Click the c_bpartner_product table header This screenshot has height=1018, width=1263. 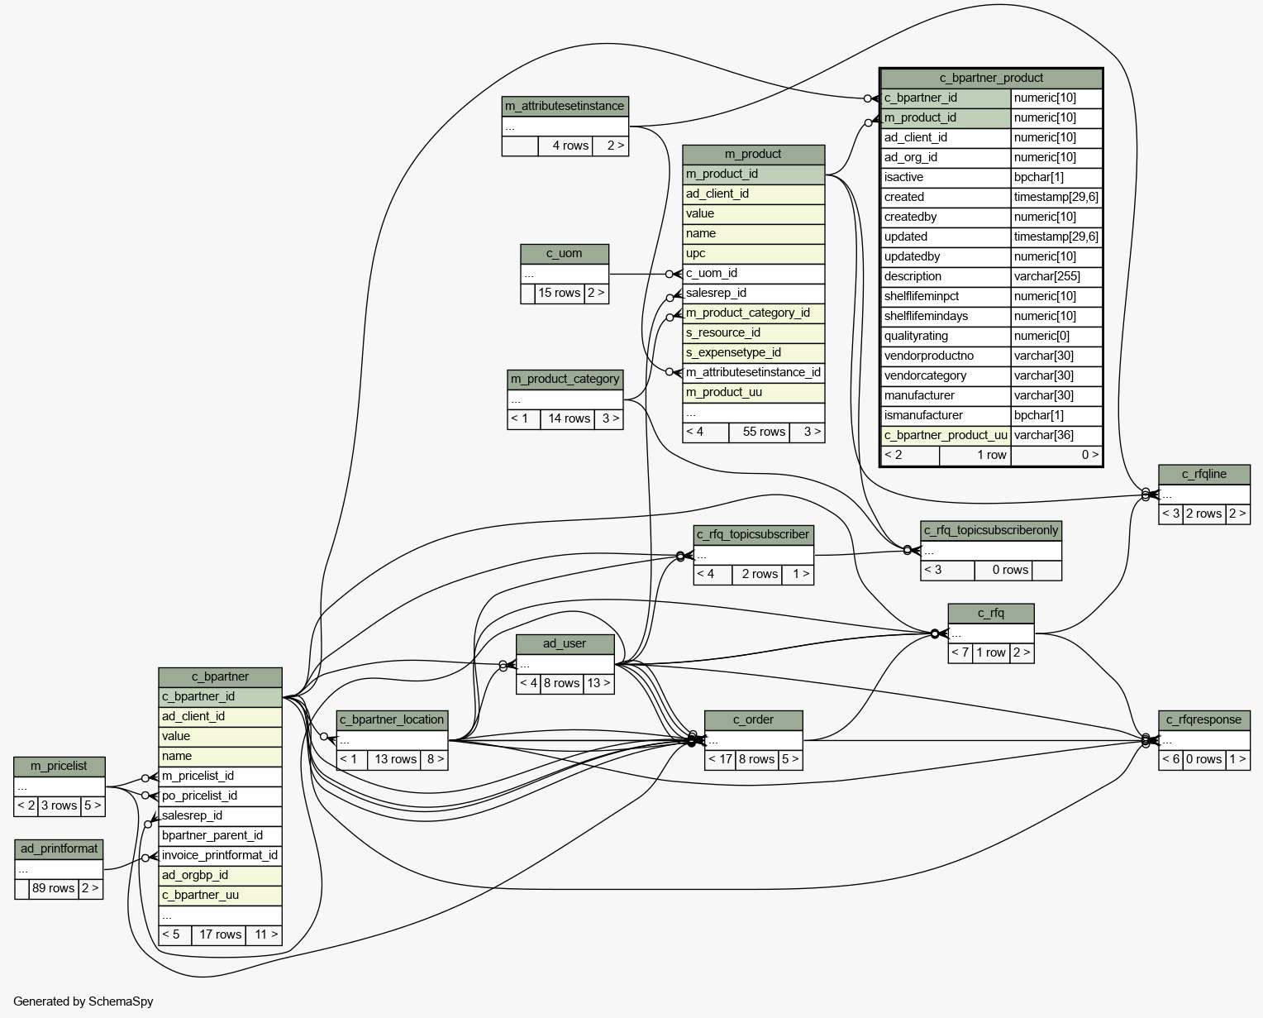(991, 78)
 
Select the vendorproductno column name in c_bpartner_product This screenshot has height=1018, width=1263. (928, 356)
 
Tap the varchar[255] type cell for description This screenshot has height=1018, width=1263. (1046, 277)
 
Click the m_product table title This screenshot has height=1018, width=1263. (753, 155)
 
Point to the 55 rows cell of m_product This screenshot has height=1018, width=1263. (759, 433)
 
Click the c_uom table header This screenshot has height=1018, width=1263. (564, 254)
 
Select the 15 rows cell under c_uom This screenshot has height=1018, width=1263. (560, 293)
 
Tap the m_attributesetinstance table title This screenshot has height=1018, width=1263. (565, 107)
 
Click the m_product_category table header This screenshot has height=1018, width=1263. (565, 380)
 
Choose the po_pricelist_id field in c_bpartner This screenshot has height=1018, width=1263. (199, 796)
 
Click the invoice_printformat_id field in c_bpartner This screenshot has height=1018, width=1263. (220, 855)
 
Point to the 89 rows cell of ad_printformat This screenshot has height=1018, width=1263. (54, 888)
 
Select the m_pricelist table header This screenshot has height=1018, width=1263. (59, 767)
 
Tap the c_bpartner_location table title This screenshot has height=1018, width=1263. (392, 720)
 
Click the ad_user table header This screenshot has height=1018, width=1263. (565, 644)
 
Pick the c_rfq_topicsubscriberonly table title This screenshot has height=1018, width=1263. (991, 530)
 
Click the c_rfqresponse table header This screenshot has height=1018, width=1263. (1203, 720)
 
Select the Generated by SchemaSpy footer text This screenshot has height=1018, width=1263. (83, 1001)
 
